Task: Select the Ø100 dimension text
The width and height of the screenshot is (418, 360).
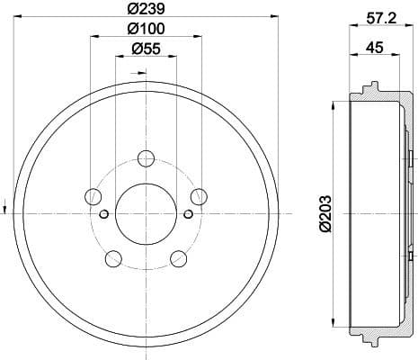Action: coord(146,30)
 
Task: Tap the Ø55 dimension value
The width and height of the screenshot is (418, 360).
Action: coord(146,49)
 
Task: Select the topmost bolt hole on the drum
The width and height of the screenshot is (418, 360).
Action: coord(146,159)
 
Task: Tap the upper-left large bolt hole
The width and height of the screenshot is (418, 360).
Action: coord(92,196)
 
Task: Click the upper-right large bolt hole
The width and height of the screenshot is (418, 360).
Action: coord(200,196)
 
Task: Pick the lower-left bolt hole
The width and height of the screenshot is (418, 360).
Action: coord(112,259)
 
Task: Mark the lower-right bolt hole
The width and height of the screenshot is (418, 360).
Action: coord(178,259)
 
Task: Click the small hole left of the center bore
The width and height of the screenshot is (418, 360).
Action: coord(104,213)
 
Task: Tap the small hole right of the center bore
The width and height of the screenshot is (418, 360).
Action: coord(187,213)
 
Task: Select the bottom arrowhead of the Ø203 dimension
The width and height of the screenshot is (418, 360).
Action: coord(334,325)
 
